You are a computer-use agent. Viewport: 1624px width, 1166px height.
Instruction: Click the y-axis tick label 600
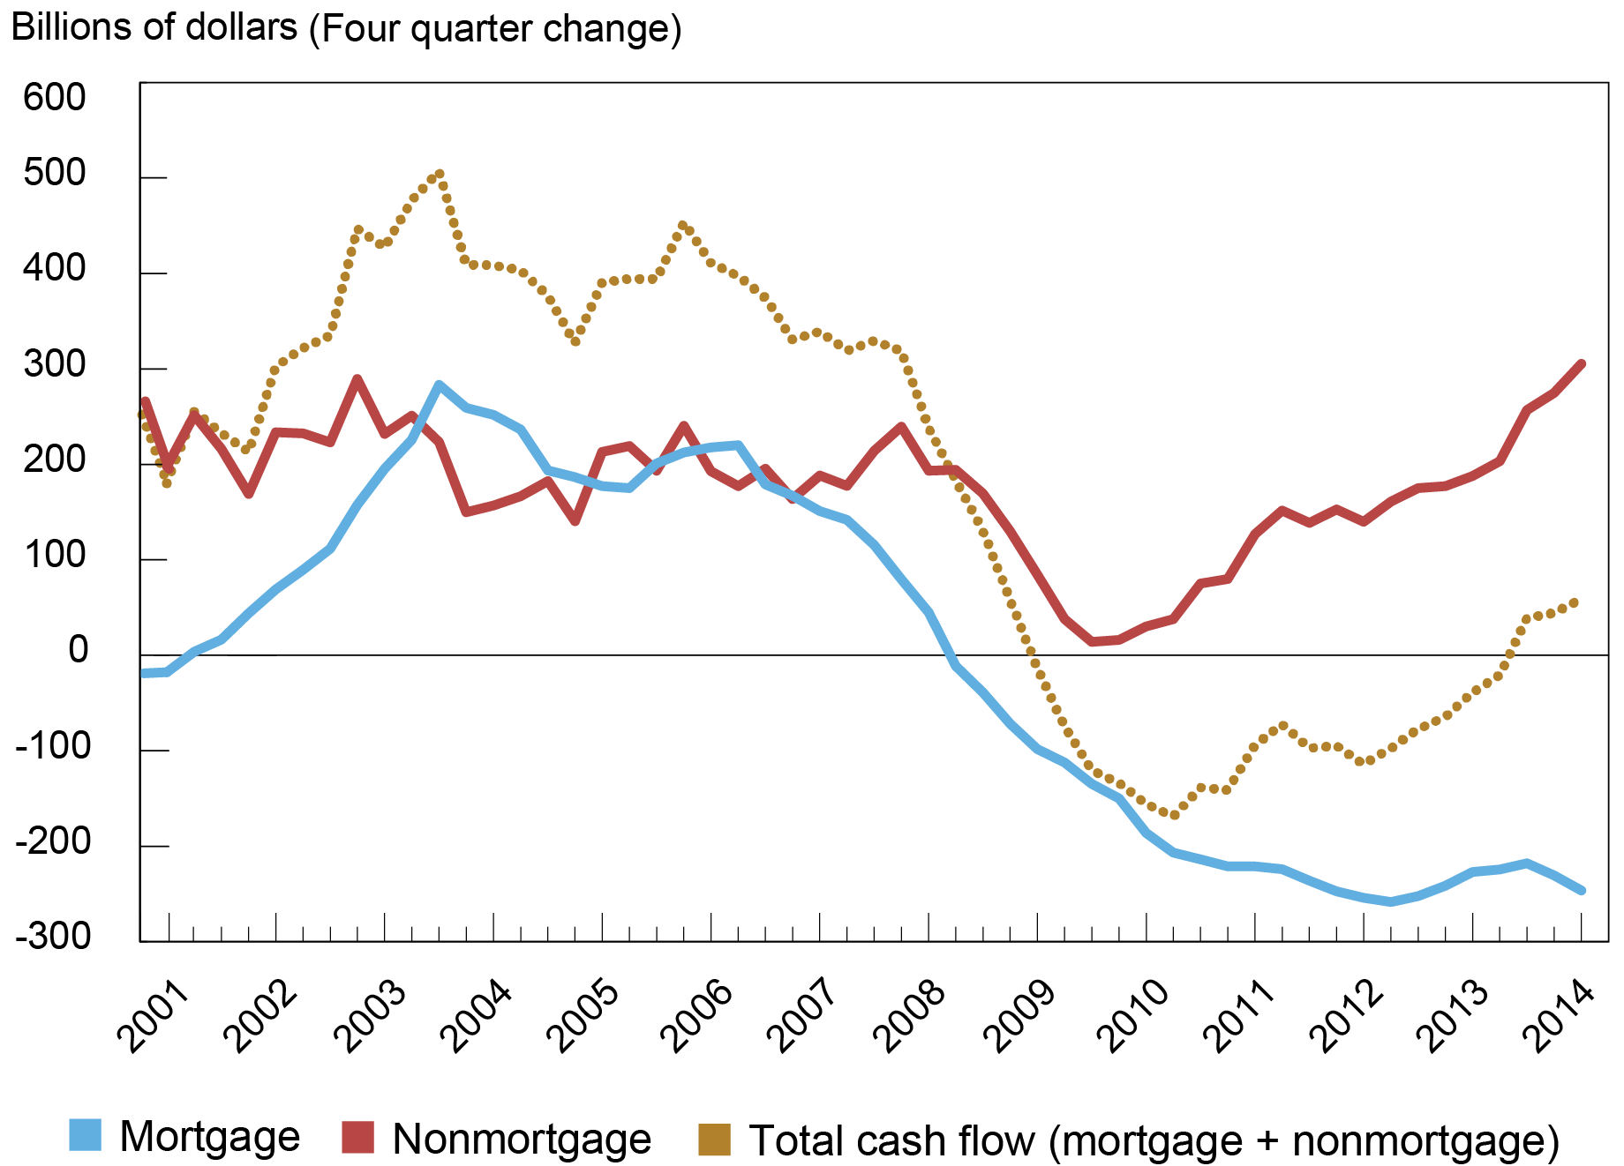tap(55, 97)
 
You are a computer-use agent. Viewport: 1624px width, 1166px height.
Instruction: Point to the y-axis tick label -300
tap(53, 936)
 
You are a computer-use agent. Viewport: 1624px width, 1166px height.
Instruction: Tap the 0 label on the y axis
tap(79, 651)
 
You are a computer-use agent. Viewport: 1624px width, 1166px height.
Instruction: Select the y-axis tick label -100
tap(53, 746)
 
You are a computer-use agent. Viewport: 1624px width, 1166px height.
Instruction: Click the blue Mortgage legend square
tap(86, 1136)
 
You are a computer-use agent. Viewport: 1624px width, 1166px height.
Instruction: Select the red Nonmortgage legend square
tap(357, 1137)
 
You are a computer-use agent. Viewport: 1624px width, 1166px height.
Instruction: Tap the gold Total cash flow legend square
tap(714, 1139)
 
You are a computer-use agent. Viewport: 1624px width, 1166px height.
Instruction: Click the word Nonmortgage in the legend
tap(522, 1139)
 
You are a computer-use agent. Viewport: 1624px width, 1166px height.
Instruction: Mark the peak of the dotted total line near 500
tap(440, 175)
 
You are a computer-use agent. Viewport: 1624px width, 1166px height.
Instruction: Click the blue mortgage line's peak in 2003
tap(439, 385)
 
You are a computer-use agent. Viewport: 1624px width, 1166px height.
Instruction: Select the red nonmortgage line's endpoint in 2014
tap(1581, 364)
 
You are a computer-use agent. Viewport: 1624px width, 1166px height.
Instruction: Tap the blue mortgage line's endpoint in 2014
tap(1581, 890)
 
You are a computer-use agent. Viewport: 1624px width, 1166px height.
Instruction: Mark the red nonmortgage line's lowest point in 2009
tap(1093, 641)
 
